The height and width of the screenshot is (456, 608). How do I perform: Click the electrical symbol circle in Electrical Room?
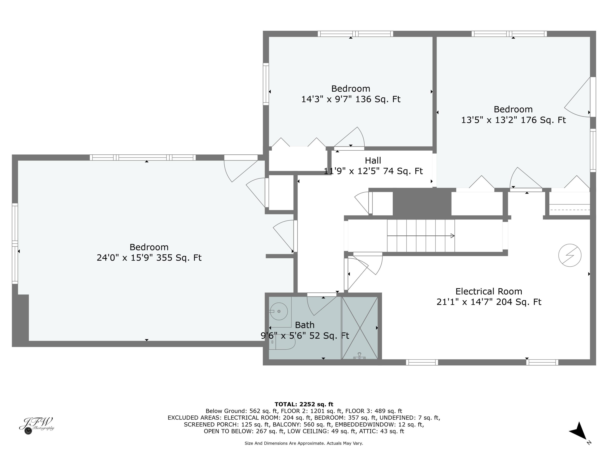coord(570,255)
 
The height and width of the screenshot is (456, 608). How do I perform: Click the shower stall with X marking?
coord(360,328)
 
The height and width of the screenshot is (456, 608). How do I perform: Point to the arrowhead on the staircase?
coord(452,235)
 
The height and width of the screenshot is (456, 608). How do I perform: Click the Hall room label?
coord(373,160)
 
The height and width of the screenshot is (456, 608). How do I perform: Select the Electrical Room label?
coord(488,291)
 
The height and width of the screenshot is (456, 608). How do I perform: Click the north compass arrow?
coord(579,431)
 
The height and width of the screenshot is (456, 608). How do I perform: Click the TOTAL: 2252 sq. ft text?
coord(304,404)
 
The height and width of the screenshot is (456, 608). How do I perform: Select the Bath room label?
coord(305,325)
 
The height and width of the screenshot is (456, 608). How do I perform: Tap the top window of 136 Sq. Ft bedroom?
coord(355,34)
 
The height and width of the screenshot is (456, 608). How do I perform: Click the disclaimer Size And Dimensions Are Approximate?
coord(304,443)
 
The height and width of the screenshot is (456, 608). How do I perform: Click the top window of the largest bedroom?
coord(142,157)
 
